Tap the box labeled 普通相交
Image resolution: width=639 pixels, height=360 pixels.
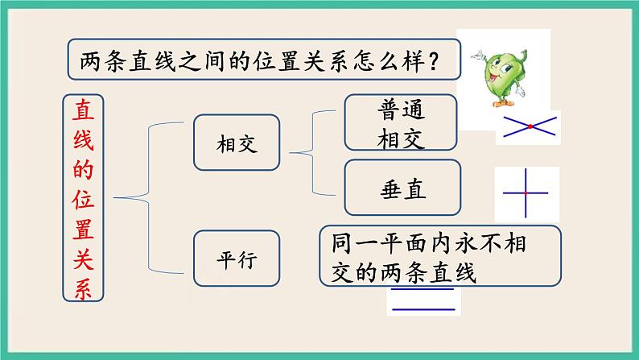(400, 123)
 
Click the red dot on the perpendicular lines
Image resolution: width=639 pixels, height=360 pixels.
(525, 194)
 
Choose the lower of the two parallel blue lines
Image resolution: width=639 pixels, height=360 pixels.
(421, 309)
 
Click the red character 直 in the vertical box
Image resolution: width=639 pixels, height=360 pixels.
(84, 109)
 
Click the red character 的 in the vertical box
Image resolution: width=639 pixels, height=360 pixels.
(84, 168)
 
